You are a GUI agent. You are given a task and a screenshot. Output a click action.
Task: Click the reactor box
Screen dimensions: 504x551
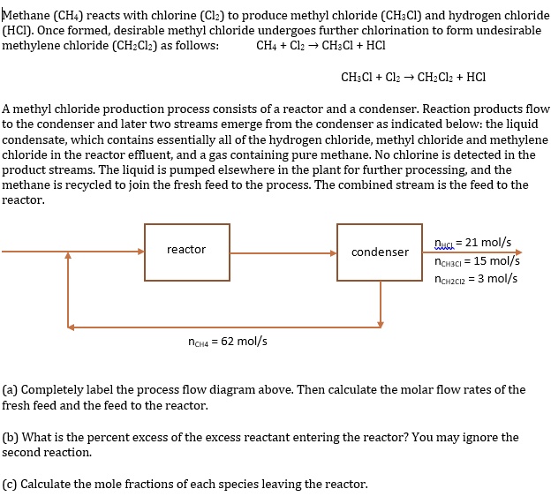click(x=186, y=252)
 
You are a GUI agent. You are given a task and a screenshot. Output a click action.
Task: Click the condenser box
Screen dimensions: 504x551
click(x=380, y=252)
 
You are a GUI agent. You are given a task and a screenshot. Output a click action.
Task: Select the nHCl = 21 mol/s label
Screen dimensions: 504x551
click(x=473, y=243)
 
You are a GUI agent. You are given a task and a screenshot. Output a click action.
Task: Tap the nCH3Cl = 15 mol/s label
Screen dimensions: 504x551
click(x=477, y=260)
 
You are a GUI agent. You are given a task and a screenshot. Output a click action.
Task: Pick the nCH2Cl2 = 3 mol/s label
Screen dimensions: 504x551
click(x=476, y=279)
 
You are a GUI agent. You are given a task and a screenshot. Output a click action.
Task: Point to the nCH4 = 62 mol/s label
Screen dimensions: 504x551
click(x=228, y=342)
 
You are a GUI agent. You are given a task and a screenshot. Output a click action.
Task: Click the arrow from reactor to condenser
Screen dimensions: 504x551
click(x=283, y=252)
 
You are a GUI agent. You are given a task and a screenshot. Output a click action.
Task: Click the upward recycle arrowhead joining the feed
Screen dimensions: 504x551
click(x=68, y=263)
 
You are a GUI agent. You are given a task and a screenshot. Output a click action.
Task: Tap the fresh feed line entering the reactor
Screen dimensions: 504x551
click(x=35, y=252)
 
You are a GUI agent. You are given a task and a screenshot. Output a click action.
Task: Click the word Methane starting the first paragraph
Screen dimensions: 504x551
click(x=26, y=14)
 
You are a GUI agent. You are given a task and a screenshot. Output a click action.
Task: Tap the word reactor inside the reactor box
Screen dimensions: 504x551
click(x=186, y=250)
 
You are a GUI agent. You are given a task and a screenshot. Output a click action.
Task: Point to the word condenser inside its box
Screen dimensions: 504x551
click(x=380, y=252)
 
